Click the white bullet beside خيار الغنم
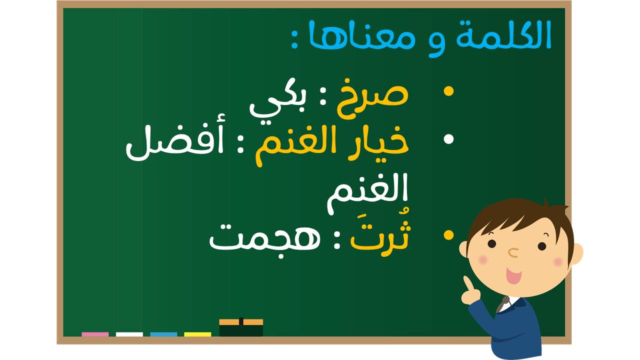(448, 139)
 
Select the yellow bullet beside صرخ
(448, 91)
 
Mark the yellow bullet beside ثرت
(448, 235)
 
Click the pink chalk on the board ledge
(95, 334)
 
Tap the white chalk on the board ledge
(129, 334)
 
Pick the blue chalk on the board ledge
(163, 334)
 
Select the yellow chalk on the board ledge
(197, 334)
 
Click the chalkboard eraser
(241, 327)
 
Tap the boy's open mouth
(513, 275)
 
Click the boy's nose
(513, 252)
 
